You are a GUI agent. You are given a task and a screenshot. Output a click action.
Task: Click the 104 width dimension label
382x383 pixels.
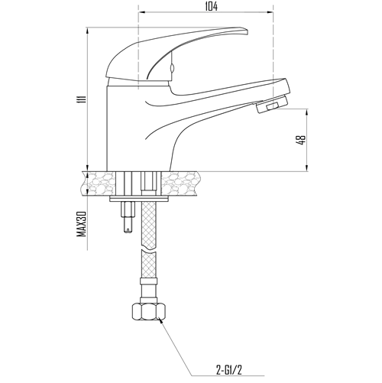tap(212, 7)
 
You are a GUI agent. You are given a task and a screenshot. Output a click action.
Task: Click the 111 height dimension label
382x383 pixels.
tap(82, 99)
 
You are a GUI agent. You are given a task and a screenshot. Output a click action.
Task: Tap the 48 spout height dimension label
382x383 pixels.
tap(301, 140)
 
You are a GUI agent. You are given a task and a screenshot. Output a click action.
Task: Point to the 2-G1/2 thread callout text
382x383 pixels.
tap(229, 370)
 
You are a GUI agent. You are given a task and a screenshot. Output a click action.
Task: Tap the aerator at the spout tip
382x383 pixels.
tap(272, 104)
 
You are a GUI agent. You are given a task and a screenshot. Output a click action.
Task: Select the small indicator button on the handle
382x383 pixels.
tap(172, 68)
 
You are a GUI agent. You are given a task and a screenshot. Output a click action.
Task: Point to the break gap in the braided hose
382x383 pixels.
tap(149, 251)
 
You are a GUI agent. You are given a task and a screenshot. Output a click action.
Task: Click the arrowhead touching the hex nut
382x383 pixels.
tap(160, 320)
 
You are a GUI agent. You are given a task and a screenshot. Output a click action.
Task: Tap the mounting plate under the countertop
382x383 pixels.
tap(139, 199)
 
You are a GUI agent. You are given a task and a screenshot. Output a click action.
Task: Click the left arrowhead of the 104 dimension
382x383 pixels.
tap(141, 12)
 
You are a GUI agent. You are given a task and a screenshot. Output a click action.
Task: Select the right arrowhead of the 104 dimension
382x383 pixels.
tap(270, 12)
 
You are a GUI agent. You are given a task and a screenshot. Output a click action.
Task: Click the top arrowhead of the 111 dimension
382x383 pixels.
tap(87, 31)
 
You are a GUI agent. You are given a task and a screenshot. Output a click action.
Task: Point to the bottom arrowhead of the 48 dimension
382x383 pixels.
tap(306, 168)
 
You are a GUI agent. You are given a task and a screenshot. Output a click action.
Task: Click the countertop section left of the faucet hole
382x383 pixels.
tap(99, 183)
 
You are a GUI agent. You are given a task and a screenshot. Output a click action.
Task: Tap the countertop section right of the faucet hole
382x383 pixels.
tap(180, 183)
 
